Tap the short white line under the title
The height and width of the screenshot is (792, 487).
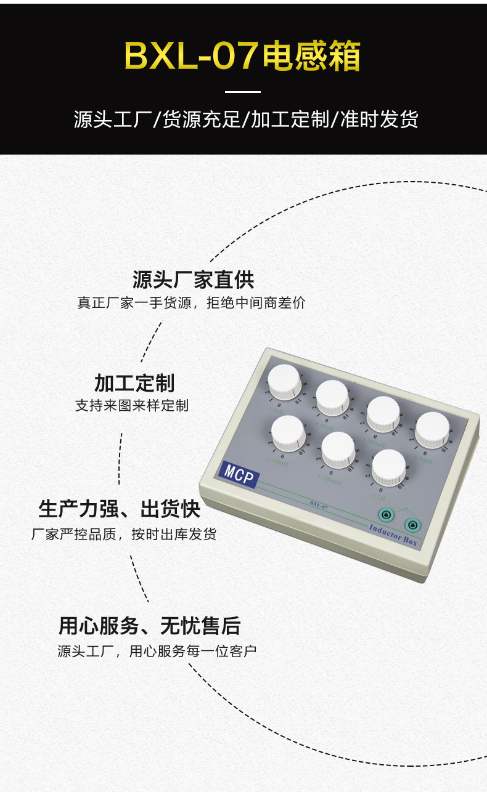243,92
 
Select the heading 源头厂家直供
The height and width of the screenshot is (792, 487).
193,280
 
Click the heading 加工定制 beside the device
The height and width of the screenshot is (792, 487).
134,383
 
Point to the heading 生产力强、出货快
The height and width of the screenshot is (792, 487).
119,509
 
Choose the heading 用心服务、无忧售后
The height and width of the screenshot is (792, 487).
149,626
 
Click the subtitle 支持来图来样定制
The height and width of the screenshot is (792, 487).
132,406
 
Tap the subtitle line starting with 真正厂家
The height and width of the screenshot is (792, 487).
191,303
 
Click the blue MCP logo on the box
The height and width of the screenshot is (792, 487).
239,474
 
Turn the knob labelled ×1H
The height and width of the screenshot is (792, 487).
389,466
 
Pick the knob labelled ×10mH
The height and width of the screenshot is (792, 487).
288,432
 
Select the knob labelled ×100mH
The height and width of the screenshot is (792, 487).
338,448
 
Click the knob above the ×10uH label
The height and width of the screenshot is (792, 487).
333,397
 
